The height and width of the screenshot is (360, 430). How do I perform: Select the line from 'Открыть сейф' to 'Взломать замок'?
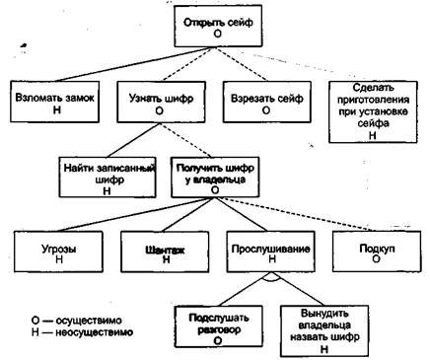pyautogui.click(x=118, y=66)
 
